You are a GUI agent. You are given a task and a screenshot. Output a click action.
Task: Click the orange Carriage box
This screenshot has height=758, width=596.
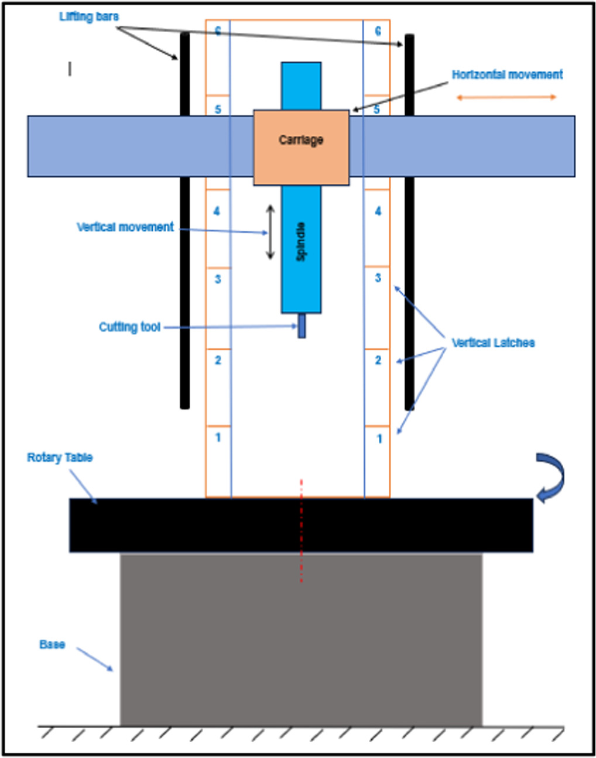coord(301,148)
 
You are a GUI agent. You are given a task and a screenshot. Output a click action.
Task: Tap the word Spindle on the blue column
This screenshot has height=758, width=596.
coord(301,241)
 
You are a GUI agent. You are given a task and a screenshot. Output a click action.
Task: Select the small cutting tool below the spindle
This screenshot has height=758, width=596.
coord(302,326)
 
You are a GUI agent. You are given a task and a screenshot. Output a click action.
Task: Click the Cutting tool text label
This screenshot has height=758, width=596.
coord(129,327)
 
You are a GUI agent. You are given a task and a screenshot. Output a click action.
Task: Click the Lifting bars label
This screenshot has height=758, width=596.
coord(89,17)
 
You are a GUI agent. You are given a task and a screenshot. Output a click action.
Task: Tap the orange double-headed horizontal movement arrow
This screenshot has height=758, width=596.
coord(506,97)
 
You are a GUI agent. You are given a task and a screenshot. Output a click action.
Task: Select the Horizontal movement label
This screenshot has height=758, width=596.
coord(507,75)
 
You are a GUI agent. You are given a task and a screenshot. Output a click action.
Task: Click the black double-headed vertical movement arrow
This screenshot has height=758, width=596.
coord(270,232)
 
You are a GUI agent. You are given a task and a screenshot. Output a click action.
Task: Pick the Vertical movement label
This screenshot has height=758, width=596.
coord(125,227)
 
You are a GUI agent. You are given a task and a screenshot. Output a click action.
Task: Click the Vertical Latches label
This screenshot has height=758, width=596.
coord(493,343)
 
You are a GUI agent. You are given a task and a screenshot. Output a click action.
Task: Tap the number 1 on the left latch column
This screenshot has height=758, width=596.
coord(218,437)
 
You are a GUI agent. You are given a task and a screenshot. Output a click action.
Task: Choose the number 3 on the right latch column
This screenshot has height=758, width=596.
coord(378,278)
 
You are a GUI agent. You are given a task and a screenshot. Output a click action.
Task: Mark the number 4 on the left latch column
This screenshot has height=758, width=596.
coord(217,211)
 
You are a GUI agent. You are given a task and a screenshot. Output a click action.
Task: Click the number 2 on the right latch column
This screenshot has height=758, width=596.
coord(378,360)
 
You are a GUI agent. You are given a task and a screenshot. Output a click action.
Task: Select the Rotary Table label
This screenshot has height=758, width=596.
coord(60,458)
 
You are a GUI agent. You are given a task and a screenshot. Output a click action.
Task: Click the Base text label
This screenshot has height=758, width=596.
coord(52,644)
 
